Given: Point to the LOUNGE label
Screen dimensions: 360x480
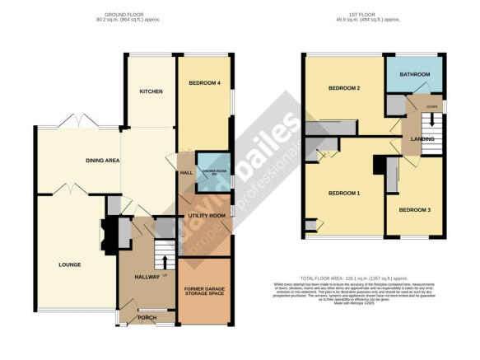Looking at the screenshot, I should click(71, 264).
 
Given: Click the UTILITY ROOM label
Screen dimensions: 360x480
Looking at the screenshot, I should click(206, 215).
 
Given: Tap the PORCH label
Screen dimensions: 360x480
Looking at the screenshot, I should click(147, 318).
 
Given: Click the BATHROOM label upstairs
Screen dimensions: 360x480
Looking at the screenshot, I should click(416, 75).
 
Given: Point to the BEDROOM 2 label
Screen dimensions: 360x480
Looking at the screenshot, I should click(346, 88).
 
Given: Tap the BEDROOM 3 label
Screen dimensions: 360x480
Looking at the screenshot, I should click(415, 209).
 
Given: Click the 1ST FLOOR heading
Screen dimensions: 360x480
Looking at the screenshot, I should click(375, 14).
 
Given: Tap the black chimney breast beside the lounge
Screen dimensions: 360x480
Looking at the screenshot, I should click(108, 230).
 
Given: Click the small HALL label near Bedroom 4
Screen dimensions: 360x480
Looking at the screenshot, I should click(186, 173).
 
